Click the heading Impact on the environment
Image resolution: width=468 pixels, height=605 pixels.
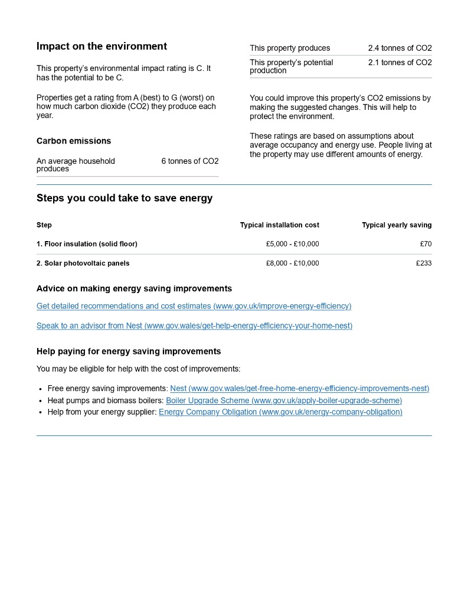(x=102, y=46)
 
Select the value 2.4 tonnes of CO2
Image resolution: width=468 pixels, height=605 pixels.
(x=400, y=48)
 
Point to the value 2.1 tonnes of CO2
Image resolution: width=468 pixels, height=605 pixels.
(x=400, y=63)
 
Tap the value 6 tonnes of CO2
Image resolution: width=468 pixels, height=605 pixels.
(x=189, y=161)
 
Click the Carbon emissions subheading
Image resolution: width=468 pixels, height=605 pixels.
(x=74, y=141)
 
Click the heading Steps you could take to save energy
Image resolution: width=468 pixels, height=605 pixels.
(x=125, y=198)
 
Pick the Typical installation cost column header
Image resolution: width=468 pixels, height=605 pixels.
(x=279, y=225)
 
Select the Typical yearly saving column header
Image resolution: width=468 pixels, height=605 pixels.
(x=397, y=225)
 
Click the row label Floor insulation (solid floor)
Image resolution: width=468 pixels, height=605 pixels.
(x=87, y=244)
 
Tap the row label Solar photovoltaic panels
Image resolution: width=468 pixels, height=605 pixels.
(x=83, y=263)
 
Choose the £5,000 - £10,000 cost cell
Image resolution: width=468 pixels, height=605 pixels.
(x=292, y=244)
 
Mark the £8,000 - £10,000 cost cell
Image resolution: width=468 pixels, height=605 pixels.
(x=292, y=263)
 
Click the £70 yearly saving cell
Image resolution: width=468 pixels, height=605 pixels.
(x=425, y=244)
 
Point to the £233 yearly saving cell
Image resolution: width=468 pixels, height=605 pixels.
(x=423, y=263)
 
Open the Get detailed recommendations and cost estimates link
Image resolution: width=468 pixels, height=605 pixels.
(x=194, y=306)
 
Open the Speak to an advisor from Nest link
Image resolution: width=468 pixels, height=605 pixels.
(x=194, y=326)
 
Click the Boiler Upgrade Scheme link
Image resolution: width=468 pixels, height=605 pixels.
(x=284, y=400)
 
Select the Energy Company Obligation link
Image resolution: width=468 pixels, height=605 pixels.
(x=280, y=412)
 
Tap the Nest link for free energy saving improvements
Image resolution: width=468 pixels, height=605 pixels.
(x=299, y=388)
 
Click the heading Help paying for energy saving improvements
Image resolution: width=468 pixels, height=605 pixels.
(x=129, y=351)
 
